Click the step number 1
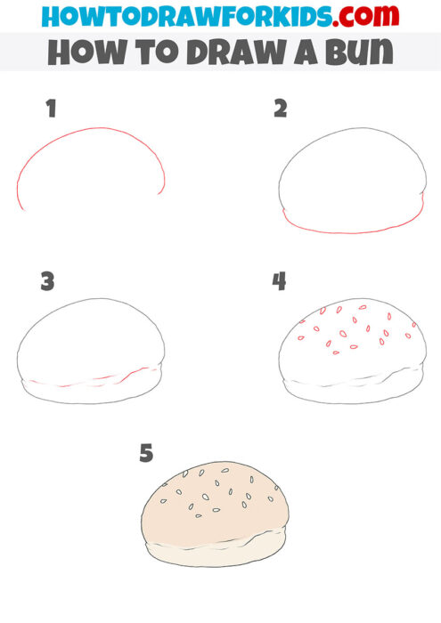coord(51,110)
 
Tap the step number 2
coord(281,109)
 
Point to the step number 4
coord(280,282)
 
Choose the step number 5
coord(146,454)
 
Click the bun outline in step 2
coord(351,178)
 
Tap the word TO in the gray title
coord(151,53)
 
